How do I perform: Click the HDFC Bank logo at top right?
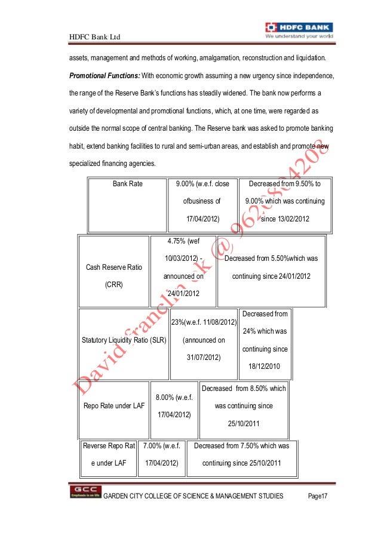click(299, 30)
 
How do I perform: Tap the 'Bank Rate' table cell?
click(128, 184)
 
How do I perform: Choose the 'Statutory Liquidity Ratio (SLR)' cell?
click(124, 341)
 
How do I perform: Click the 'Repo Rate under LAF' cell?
click(113, 406)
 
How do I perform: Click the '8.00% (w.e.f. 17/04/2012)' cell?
click(173, 406)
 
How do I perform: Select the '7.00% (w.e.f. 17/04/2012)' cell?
click(161, 454)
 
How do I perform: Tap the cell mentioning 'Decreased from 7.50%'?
click(241, 454)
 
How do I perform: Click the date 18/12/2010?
click(264, 367)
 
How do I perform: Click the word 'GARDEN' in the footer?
click(117, 497)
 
